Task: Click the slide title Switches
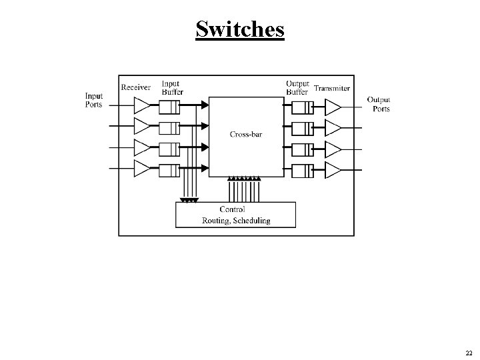click(240, 29)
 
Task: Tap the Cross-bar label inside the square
click(245, 135)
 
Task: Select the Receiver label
click(136, 87)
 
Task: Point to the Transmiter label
click(332, 88)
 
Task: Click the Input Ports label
click(94, 101)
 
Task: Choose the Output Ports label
click(379, 104)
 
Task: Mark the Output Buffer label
click(297, 87)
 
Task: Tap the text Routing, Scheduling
click(236, 221)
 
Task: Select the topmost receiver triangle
click(143, 105)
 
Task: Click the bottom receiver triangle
click(143, 167)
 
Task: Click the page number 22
click(469, 353)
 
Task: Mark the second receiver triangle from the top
click(143, 126)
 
